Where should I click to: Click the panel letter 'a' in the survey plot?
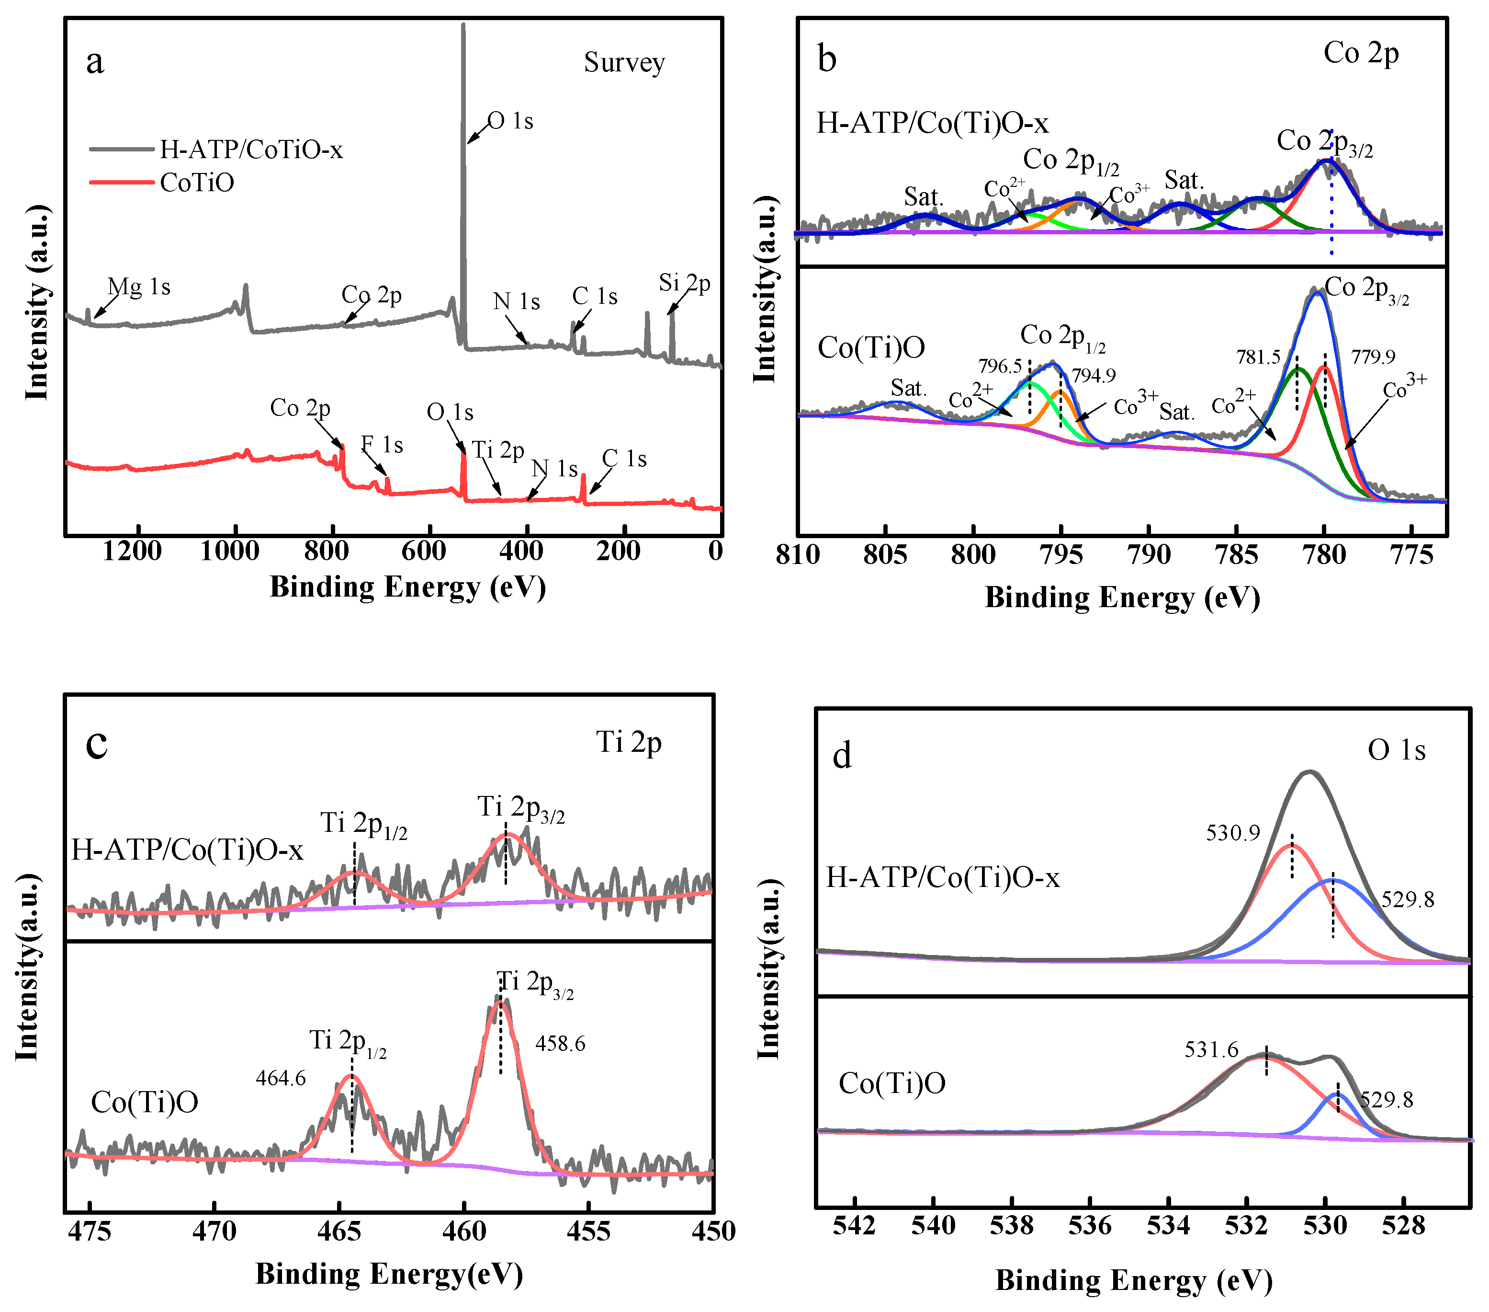(95, 62)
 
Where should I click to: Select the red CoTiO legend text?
(197, 182)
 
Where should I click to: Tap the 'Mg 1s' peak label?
(139, 287)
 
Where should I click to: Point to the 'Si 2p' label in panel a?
(684, 282)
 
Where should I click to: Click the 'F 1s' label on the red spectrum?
(382, 445)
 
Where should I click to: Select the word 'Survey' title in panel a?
(624, 63)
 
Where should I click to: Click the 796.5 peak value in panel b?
(1000, 366)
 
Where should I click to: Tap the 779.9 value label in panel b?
(1373, 357)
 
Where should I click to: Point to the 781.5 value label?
(1258, 357)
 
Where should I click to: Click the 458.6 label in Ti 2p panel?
(560, 1044)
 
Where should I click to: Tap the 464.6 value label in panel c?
(281, 1078)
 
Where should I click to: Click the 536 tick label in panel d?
(1090, 1226)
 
